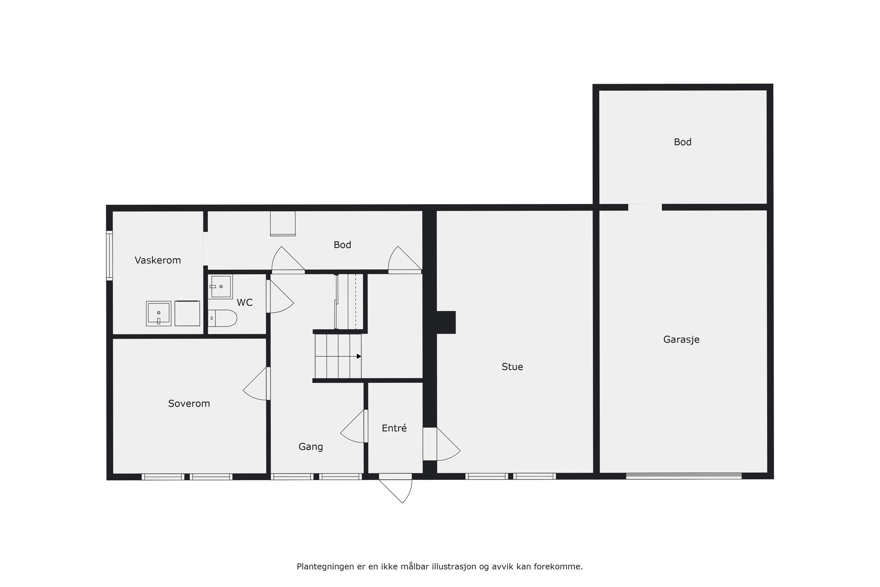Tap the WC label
[x=245, y=302]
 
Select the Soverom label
[x=189, y=404]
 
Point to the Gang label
[x=311, y=447]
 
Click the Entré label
[x=394, y=428]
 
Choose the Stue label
[x=512, y=367]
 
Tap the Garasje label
[x=681, y=340]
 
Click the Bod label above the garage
[x=682, y=142]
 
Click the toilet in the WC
[x=222, y=318]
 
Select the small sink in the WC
[x=220, y=286]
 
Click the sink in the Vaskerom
[x=159, y=313]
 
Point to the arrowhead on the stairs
[x=359, y=356]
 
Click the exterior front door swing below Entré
[x=396, y=490]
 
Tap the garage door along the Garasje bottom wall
[x=684, y=476]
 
